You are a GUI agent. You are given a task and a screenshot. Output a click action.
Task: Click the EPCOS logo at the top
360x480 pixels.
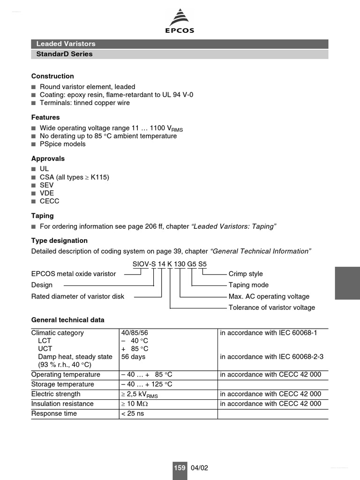pyautogui.click(x=180, y=22)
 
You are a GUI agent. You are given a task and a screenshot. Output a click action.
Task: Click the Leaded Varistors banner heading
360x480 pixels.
pyautogui.click(x=66, y=44)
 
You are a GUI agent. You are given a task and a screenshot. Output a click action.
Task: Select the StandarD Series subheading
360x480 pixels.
pyautogui.click(x=64, y=54)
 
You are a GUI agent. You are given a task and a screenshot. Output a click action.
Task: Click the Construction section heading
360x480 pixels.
pyautogui.click(x=52, y=76)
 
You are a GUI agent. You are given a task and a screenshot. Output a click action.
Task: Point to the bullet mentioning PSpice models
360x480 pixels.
pyautogui.click(x=62, y=144)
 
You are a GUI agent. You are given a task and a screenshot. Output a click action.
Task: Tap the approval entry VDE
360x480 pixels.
pyautogui.click(x=47, y=193)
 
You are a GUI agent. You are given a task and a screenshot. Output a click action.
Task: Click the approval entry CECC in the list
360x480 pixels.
pyautogui.click(x=49, y=201)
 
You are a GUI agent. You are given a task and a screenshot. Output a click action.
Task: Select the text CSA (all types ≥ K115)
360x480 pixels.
pyautogui.click(x=74, y=177)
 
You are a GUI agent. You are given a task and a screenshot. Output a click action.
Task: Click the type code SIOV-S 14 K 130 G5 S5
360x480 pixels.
pyautogui.click(x=169, y=264)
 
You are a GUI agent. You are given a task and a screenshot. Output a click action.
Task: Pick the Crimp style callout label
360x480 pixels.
pyautogui.click(x=246, y=274)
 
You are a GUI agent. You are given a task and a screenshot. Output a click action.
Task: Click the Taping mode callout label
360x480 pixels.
pyautogui.click(x=248, y=285)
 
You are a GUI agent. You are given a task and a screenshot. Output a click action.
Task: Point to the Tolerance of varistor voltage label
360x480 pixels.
pyautogui.click(x=271, y=307)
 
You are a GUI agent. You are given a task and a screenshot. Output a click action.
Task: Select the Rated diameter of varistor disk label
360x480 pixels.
pyautogui.click(x=78, y=296)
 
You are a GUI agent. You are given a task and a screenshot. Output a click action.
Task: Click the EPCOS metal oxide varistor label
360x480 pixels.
pyautogui.click(x=74, y=274)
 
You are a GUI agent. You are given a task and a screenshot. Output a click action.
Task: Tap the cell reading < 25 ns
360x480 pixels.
pyautogui.click(x=132, y=413)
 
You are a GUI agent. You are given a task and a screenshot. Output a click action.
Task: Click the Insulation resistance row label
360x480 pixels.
pyautogui.click(x=62, y=404)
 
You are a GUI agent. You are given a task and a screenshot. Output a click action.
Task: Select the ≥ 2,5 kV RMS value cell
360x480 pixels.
pyautogui.click(x=139, y=394)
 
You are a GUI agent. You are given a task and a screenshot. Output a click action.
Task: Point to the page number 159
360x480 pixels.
pyautogui.click(x=180, y=468)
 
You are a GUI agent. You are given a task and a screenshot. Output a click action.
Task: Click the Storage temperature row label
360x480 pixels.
pyautogui.click(x=62, y=384)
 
